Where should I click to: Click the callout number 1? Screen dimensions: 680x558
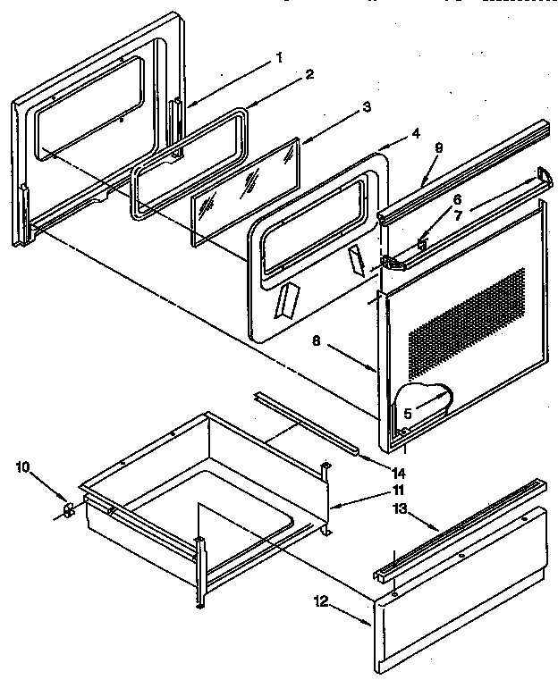[x=279, y=58]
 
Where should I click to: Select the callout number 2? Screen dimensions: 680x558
[x=309, y=75]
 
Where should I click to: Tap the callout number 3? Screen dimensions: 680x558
[x=341, y=108]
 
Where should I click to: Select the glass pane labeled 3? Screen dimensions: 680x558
[x=246, y=192]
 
